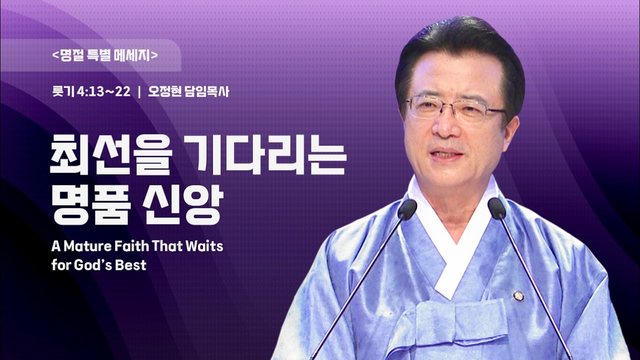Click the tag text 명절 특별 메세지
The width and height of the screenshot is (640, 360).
point(105,55)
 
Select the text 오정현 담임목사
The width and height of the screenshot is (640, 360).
point(188,92)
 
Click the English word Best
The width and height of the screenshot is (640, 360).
point(131,264)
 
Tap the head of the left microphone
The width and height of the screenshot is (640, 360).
point(407,209)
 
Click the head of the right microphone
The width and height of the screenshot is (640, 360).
point(497,208)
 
